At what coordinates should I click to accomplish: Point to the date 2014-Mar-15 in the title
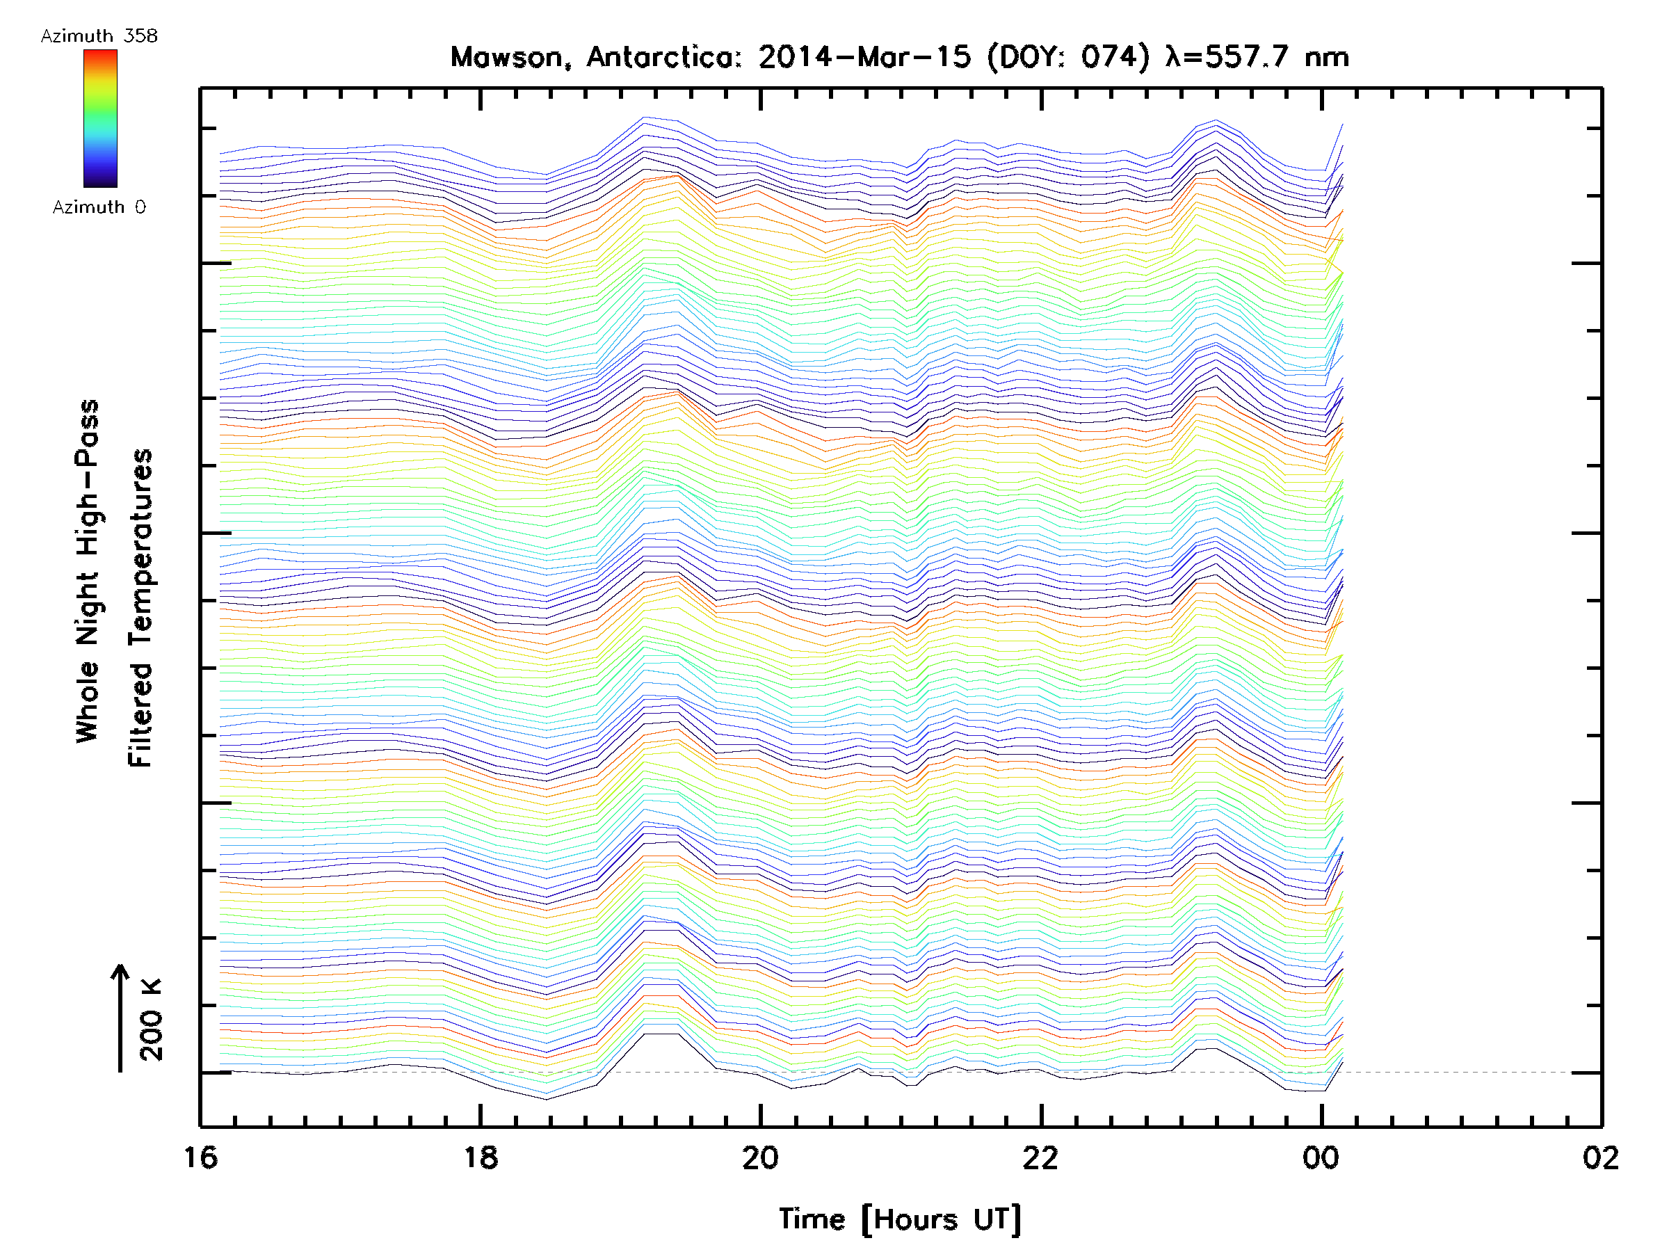864,57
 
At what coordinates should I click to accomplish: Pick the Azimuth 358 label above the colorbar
99,36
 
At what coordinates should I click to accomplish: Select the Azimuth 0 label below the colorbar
99,207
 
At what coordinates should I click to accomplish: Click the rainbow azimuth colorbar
100,118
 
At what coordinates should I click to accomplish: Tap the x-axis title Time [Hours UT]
900,1219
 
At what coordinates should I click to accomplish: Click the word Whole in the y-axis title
88,702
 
